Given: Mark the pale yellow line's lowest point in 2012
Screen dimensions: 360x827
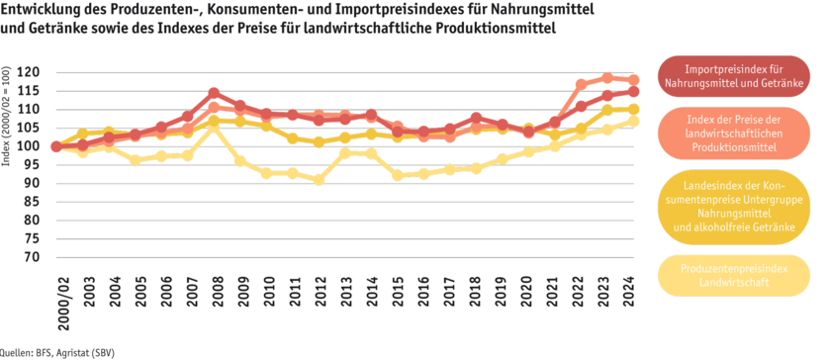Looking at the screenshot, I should tap(319, 180).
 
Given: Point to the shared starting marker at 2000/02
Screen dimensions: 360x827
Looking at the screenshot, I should tap(56, 146).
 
